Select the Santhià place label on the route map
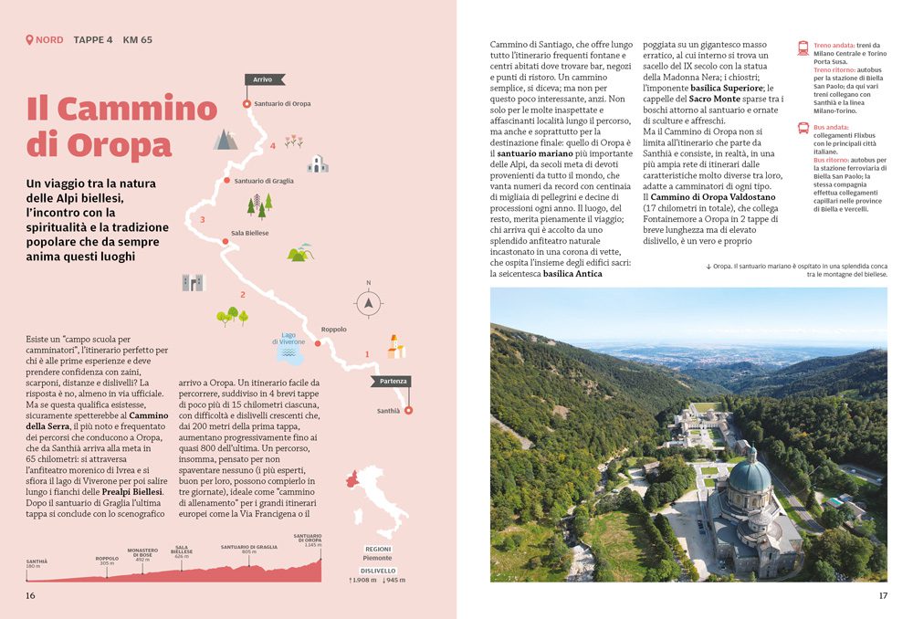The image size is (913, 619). [389, 411]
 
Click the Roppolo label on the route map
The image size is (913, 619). [334, 330]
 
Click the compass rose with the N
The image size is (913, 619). [368, 302]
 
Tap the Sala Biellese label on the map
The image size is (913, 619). [249, 233]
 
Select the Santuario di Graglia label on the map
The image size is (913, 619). [264, 181]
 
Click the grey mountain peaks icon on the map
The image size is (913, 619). [225, 140]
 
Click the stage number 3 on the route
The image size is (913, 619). [202, 220]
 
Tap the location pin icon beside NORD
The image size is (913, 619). [30, 40]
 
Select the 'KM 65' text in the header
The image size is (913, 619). [137, 40]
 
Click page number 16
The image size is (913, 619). [30, 595]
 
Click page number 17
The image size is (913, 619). [882, 595]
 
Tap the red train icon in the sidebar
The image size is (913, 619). [803, 48]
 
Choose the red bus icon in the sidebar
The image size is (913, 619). [803, 129]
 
